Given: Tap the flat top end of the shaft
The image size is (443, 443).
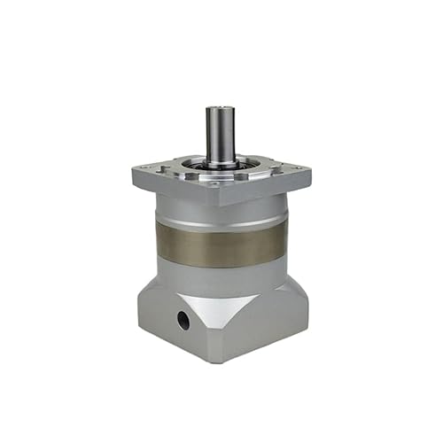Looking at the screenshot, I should pos(219,109).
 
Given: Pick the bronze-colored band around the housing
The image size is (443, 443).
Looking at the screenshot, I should pos(221,244).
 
